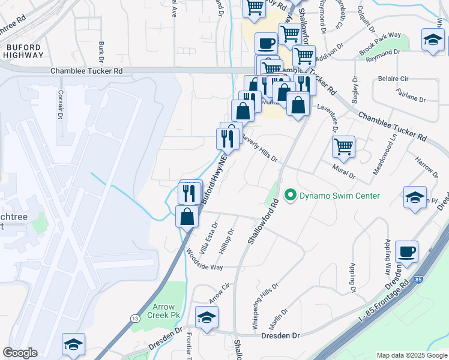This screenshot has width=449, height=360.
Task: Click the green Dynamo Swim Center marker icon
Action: pos(291,195)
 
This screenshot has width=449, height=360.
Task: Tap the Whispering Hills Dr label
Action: pos(264,305)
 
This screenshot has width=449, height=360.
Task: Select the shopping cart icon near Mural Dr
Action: pos(343,146)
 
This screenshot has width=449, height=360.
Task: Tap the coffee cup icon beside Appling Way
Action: pos(406,251)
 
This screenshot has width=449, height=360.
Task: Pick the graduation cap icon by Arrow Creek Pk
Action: pos(206,317)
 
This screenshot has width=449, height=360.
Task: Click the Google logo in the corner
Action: pos(20,353)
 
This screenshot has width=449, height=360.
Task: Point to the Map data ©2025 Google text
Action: pos(412,355)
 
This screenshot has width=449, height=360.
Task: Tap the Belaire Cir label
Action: pos(393,79)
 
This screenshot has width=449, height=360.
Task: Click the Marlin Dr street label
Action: pos(279,317)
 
